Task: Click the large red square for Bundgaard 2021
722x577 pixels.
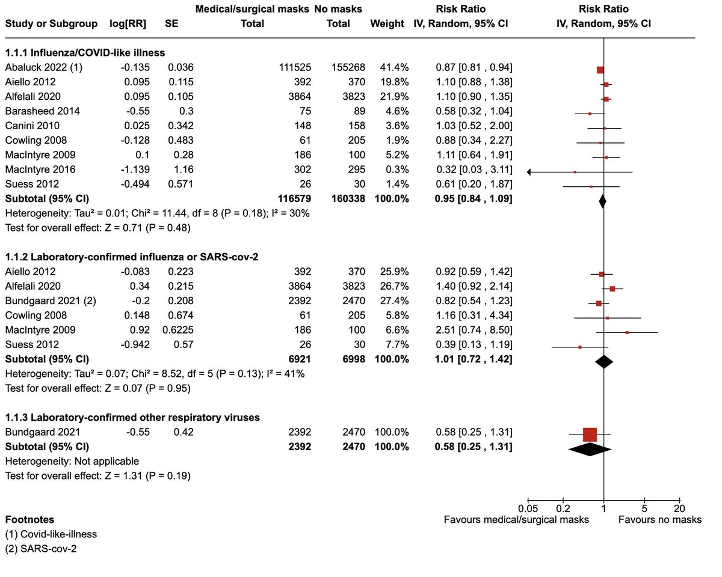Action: point(590,434)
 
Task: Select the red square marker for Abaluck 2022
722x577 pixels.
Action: point(600,70)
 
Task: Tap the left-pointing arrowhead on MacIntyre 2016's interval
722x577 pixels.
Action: point(529,172)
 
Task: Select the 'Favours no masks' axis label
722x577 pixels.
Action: point(659,519)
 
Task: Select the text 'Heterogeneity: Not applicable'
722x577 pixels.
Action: point(72,461)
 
